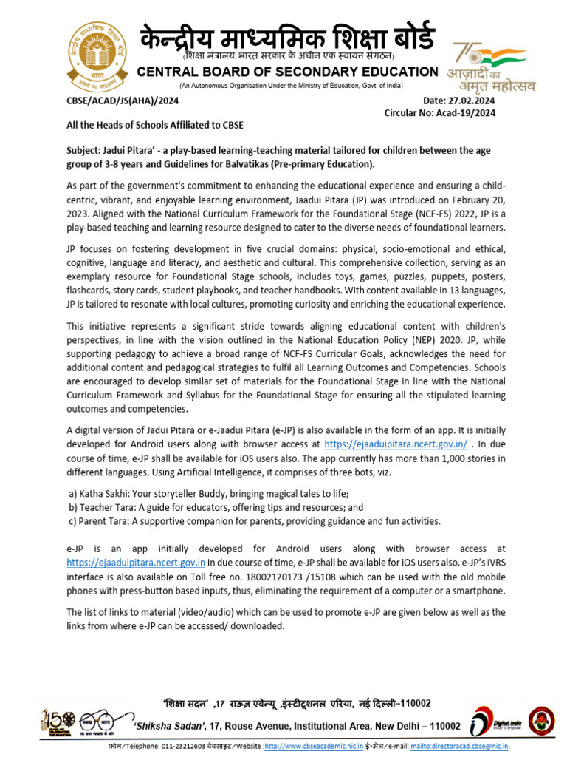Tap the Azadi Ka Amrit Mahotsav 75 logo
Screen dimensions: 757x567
(x=490, y=67)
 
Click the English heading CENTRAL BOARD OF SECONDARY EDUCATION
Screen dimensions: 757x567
(x=288, y=72)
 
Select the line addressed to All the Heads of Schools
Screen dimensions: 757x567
(x=155, y=126)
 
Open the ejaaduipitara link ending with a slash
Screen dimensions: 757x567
(x=396, y=444)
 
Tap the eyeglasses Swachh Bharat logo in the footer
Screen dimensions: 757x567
(x=100, y=719)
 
